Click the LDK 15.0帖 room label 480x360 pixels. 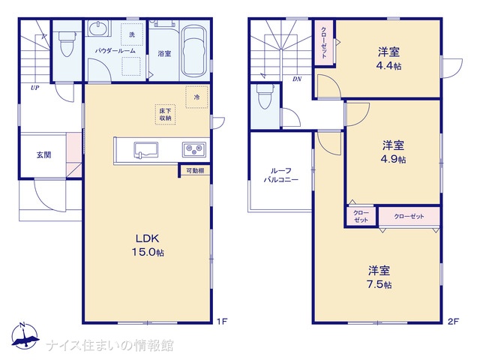148,245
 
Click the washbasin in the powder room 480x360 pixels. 97,28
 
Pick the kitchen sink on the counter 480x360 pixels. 145,150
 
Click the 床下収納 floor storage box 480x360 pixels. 165,115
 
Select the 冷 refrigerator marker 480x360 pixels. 196,97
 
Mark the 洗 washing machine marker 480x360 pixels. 132,34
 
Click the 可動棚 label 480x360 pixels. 195,171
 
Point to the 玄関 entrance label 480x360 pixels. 43,155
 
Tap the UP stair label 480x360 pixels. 35,88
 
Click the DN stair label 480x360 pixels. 297,79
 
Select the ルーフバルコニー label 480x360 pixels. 281,175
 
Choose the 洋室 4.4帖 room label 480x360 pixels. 388,58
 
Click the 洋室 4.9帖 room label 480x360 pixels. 393,151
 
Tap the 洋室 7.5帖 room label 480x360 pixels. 379,277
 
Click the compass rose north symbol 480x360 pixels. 25,336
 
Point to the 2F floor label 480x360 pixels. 453,322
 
